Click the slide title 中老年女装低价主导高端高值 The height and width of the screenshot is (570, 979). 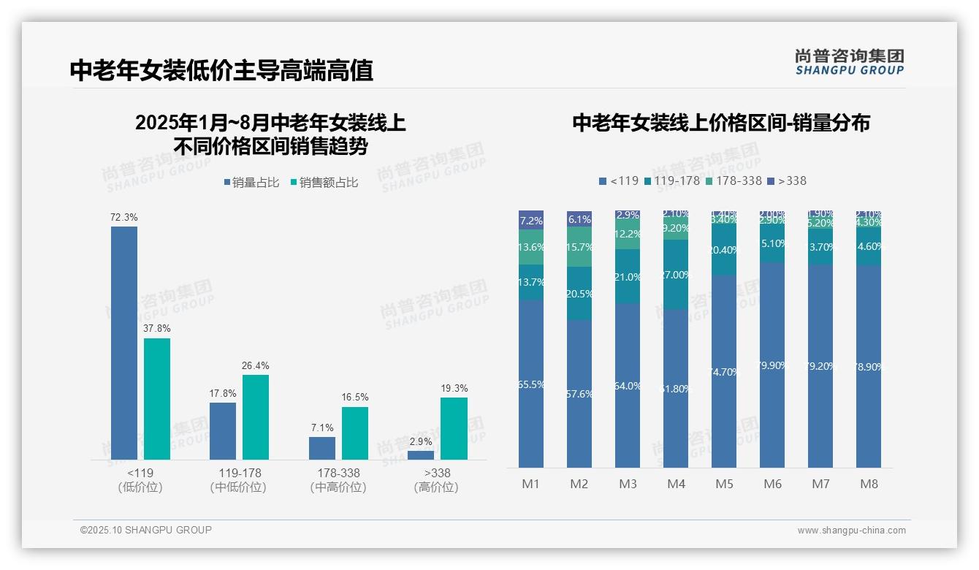(221, 70)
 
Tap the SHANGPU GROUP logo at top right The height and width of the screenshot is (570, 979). (849, 62)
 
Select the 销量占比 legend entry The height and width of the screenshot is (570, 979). (251, 183)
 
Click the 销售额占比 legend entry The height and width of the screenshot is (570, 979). (325, 183)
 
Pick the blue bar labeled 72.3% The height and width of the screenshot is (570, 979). (124, 343)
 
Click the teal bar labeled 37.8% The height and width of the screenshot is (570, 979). (157, 399)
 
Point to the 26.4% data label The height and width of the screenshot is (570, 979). (256, 365)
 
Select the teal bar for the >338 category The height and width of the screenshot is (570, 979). (454, 429)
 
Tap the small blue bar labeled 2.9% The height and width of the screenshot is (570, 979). (421, 455)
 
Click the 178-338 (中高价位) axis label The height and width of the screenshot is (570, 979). (338, 480)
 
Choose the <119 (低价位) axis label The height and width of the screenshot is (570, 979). (140, 480)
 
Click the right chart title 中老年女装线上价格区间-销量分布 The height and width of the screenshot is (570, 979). (721, 123)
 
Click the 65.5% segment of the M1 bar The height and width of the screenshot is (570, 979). (531, 384)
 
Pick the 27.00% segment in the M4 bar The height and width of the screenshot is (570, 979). (676, 275)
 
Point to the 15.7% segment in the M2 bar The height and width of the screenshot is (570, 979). (579, 247)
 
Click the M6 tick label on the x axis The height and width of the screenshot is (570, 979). (772, 484)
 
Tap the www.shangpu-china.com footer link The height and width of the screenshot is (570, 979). (851, 531)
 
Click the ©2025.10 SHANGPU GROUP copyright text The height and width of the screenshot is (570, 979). (146, 530)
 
